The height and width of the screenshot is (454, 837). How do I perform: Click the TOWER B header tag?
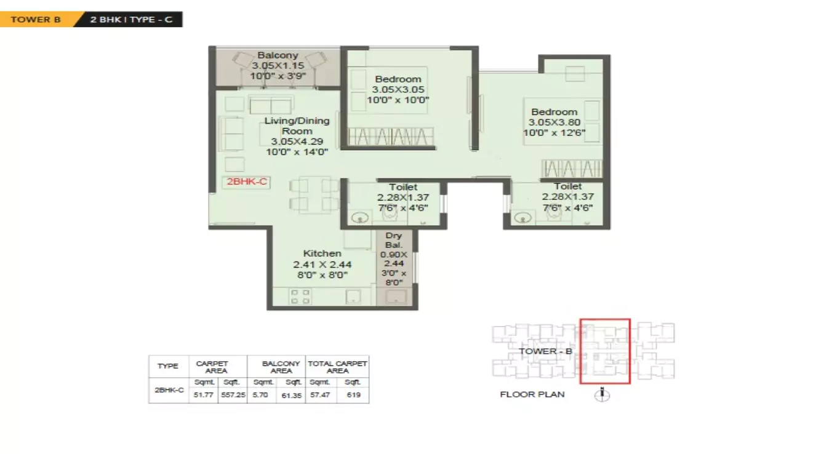click(x=35, y=19)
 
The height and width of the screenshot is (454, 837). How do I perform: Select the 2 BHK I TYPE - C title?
click(x=131, y=19)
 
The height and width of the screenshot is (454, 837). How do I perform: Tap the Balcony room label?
click(x=278, y=55)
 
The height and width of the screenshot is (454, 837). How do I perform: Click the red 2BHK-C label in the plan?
click(x=246, y=182)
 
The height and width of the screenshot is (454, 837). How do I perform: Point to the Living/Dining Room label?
click(x=297, y=125)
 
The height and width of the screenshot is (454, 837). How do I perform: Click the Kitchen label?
click(x=322, y=253)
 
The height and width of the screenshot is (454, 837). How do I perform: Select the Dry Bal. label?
click(x=393, y=241)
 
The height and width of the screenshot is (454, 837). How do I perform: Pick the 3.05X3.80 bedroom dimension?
click(x=554, y=122)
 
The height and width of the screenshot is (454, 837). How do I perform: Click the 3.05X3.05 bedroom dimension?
click(x=398, y=89)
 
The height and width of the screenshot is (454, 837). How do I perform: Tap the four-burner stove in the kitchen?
click(x=300, y=297)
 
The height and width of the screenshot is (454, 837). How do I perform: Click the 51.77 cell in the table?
click(x=202, y=395)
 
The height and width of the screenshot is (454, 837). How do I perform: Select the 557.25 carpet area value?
click(x=233, y=395)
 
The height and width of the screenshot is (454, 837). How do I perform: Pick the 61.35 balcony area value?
click(x=292, y=395)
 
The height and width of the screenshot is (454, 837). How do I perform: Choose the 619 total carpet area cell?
click(x=353, y=395)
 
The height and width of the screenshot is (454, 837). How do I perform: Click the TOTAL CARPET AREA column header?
click(x=337, y=367)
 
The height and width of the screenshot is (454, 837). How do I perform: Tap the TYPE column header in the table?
click(x=167, y=366)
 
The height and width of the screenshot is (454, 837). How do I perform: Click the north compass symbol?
click(x=603, y=395)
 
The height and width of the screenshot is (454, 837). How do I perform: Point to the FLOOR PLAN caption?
click(x=532, y=394)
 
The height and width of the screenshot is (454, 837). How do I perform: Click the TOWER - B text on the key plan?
click(x=545, y=351)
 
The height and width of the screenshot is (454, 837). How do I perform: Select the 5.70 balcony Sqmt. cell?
click(x=260, y=395)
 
